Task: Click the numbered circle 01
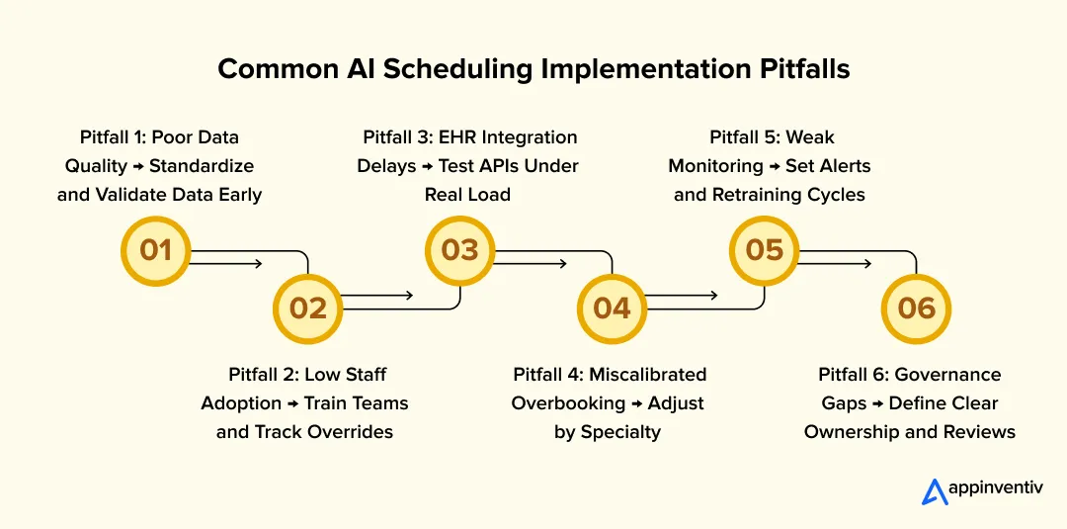click(155, 250)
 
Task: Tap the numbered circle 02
click(307, 308)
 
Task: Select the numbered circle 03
click(459, 250)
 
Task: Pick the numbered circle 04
click(612, 308)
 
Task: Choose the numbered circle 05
click(764, 250)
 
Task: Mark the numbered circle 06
click(916, 308)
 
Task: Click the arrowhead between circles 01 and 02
click(257, 264)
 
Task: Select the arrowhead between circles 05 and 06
click(865, 264)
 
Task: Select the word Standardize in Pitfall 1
click(202, 165)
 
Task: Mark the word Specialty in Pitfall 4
click(621, 432)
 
